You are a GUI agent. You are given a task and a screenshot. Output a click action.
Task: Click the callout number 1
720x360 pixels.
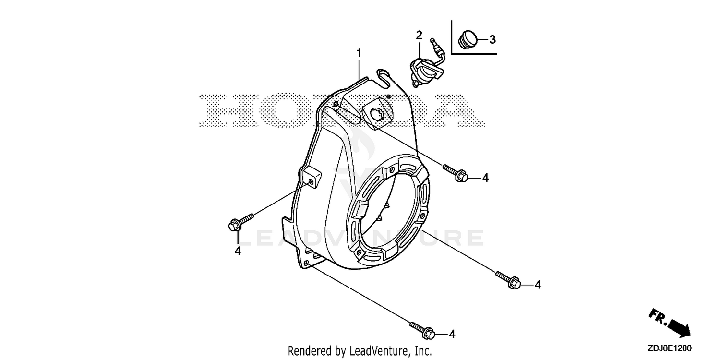tap(359, 53)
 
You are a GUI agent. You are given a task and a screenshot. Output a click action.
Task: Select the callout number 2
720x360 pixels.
tap(419, 35)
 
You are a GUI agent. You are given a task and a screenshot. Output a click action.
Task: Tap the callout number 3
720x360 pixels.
tap(492, 40)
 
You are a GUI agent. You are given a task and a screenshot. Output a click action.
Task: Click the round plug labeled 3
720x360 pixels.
tap(468, 40)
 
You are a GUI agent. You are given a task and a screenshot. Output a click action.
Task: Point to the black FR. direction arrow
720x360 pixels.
tap(670, 323)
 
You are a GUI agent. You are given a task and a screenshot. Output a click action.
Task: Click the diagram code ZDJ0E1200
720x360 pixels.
tap(670, 348)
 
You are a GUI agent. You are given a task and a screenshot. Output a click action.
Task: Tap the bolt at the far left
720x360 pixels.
tap(241, 222)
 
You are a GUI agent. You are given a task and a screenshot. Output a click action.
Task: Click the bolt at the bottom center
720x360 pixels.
tap(422, 330)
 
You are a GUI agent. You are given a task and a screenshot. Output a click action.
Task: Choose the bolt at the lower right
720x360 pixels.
tap(508, 280)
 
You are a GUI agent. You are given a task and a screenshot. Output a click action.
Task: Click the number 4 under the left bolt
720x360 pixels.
tap(238, 251)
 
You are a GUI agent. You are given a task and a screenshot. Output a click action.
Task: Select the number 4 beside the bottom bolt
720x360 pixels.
tap(452, 335)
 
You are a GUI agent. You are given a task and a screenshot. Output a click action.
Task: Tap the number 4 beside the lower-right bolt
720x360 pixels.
tap(538, 285)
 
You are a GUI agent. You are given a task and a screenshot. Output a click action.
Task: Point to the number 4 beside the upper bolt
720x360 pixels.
tap(485, 178)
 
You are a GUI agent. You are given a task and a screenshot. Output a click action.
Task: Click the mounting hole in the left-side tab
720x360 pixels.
tap(311, 182)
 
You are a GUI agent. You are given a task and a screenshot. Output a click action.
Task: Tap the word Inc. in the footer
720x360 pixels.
tap(424, 351)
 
